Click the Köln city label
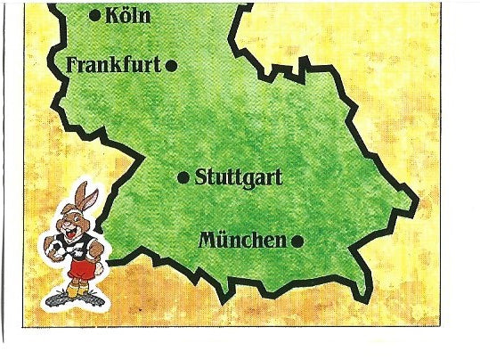127,15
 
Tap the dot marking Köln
95,14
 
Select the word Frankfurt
113,64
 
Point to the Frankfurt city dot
171,64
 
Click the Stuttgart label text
238,177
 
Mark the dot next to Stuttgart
183,177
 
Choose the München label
242,240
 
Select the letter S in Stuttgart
200,177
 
